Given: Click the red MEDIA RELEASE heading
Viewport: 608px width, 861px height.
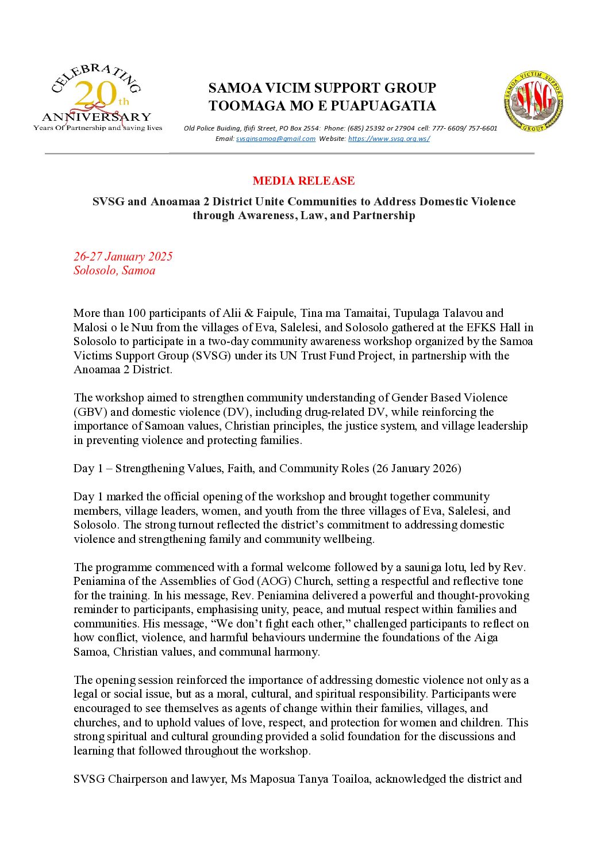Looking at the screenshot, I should tap(303, 181).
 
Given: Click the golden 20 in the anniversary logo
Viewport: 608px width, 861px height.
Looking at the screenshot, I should tap(95, 94).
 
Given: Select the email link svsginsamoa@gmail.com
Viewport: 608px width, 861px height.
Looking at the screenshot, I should tap(275, 139).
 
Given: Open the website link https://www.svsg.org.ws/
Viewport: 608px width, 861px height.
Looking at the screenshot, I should tap(388, 139).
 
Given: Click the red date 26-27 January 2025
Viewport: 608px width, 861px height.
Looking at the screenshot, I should tap(123, 257).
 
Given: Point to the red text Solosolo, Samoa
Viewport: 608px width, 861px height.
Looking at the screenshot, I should tap(114, 270).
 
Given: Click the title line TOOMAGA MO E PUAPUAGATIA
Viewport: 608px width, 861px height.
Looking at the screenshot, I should tap(322, 106).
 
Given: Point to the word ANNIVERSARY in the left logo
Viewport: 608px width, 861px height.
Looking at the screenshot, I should tap(97, 117).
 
